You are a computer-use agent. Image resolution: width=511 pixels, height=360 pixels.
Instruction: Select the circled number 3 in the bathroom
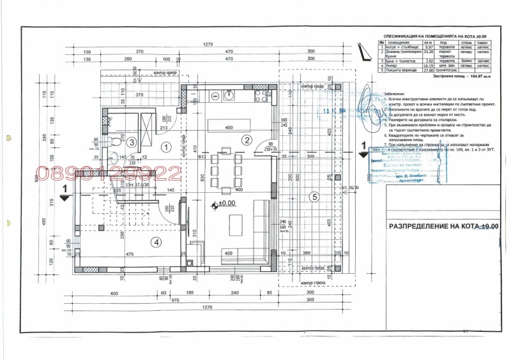coord(132,142)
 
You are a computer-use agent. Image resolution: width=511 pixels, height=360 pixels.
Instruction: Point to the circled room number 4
coord(155,241)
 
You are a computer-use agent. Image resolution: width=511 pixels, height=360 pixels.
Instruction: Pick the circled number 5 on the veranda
coord(314,197)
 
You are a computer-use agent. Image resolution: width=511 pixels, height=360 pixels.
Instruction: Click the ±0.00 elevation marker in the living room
coord(224,204)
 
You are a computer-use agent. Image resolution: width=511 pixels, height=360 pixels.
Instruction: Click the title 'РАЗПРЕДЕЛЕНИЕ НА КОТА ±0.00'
coord(443,226)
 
